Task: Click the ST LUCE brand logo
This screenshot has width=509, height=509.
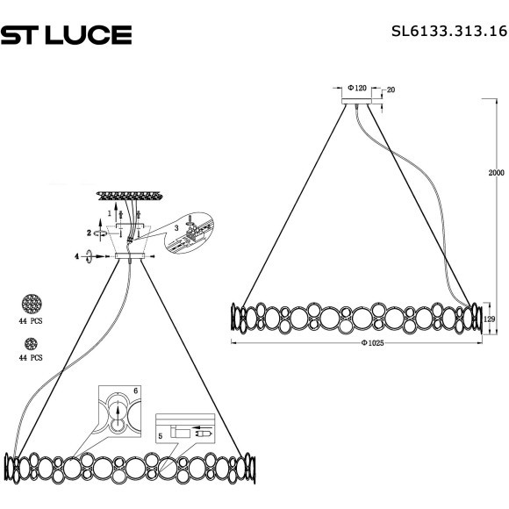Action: pos(66,34)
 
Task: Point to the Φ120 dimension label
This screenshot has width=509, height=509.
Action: pos(356,89)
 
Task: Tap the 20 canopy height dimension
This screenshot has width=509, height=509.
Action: pos(391,90)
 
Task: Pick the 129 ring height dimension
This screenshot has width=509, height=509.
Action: pos(491,320)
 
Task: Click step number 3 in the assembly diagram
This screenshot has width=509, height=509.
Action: pos(176,227)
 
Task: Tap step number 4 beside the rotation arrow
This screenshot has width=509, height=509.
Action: pos(77,256)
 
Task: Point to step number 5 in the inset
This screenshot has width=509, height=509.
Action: pos(161,434)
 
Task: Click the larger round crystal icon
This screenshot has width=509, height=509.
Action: pos(32,305)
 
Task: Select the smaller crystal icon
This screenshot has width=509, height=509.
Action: pos(30,343)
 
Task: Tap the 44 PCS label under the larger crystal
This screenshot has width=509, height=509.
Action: pos(32,322)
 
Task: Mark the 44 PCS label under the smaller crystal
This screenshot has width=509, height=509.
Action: pos(32,358)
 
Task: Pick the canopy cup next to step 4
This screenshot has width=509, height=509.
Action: pos(128,257)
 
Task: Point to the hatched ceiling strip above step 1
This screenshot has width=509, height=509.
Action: pos(128,195)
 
